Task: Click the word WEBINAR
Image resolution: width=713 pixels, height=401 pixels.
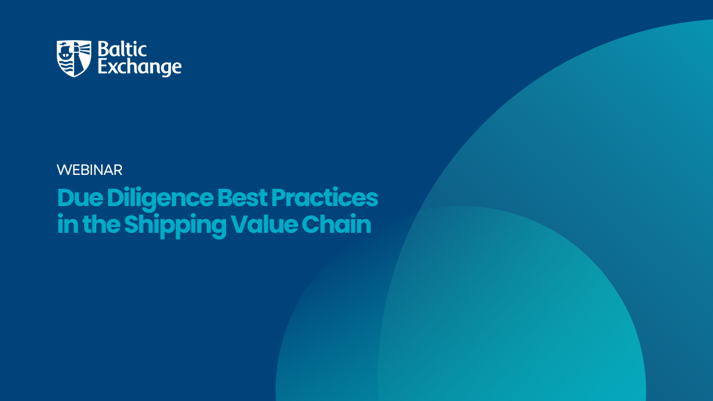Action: pos(90,170)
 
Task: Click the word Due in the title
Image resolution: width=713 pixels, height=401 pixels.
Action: pos(80,198)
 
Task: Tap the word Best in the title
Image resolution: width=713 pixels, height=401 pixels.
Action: pos(242,198)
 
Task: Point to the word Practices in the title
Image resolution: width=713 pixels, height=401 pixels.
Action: pos(325,198)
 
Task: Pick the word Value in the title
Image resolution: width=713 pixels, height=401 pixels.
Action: pos(264,224)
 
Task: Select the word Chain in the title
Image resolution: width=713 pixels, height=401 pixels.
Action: pos(336,224)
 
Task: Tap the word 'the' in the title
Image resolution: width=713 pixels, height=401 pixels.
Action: pos(101,224)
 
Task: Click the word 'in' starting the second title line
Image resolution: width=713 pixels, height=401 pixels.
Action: pos(68,224)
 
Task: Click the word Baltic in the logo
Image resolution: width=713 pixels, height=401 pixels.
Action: pos(122,50)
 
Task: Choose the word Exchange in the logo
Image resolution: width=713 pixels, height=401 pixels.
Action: pos(140,67)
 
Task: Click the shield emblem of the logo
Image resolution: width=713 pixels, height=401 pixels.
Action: pos(74,58)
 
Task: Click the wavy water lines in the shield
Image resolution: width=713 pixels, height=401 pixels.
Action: pos(66,67)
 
